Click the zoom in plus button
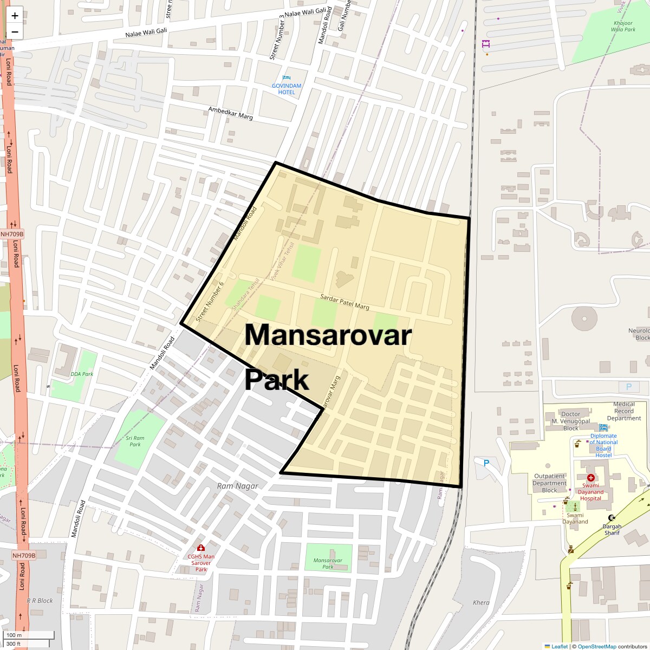coord(15,16)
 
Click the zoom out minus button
coord(15,32)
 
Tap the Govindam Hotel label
coord(287,89)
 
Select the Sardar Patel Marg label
coord(344,302)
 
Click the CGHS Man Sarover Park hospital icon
coord(201,548)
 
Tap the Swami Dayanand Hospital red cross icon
coord(590,478)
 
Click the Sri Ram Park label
coord(135,441)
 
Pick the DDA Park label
coord(82,374)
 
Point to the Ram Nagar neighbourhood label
coord(237,486)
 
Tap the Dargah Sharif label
coord(612,529)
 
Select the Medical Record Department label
coord(624,411)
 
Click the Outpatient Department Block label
coord(549,483)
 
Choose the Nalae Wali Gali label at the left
coord(146,32)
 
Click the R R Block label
coord(40,601)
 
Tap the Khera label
coord(481,602)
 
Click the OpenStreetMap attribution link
coord(596,646)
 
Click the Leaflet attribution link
coord(560,646)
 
